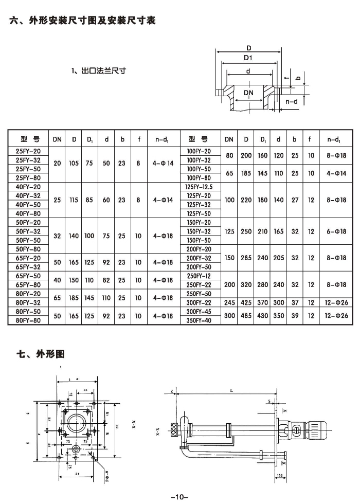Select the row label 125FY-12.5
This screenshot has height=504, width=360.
click(199, 187)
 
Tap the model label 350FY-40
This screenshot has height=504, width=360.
click(199, 320)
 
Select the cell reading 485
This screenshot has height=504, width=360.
click(246, 315)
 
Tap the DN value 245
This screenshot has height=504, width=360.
click(229, 302)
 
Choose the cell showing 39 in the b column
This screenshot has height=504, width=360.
click(295, 315)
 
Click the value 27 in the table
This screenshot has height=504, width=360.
click(295, 200)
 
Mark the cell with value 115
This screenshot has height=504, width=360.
click(74, 200)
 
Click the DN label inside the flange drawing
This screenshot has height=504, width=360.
click(249, 92)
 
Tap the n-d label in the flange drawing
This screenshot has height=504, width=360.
click(292, 102)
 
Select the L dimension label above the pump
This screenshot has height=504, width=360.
click(232, 392)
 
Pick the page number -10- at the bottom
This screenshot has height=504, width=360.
click(179, 497)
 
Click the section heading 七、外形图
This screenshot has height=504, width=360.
click(41, 354)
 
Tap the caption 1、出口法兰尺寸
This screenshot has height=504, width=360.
click(99, 71)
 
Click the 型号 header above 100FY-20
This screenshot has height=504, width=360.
click(199, 139)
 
